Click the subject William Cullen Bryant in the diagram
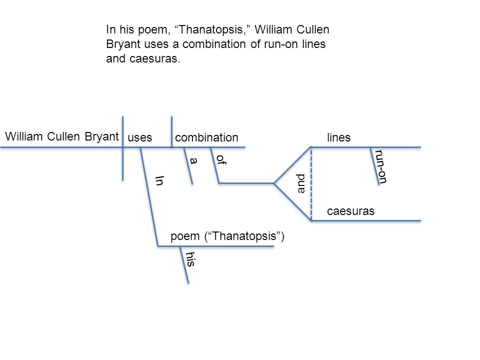pos(62,136)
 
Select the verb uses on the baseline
pos(140,138)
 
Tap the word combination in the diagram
pos(206,137)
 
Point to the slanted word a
pos(193,160)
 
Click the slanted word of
pos(221,159)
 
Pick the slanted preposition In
pos(159,180)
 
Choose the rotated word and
pos(301,183)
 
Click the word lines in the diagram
pos(338,137)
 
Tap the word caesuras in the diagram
pos(350,211)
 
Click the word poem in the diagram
pos(185,236)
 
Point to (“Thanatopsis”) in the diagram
pos(244,236)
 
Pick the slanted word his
pos(190,259)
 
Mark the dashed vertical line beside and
pos(311,183)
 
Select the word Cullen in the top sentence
pos(313,29)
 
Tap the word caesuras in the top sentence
pos(155,59)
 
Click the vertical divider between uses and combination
pos(171,131)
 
